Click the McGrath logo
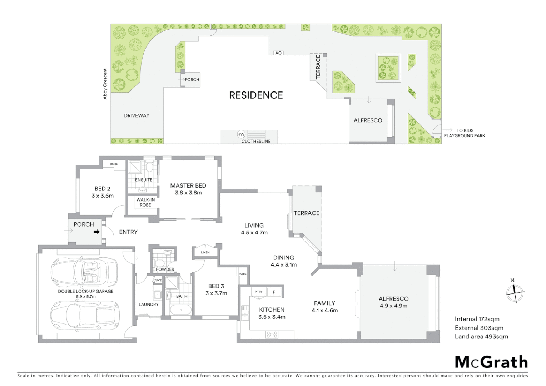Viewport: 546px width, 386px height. (491, 362)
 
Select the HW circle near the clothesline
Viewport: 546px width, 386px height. (241, 134)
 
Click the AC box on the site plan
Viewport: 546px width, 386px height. (278, 53)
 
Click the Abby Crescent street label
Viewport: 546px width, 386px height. (105, 84)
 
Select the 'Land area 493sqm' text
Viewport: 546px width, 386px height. (481, 336)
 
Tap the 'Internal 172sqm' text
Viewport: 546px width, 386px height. (477, 319)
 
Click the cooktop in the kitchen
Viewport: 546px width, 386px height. (272, 335)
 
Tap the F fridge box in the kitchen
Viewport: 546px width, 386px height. (274, 292)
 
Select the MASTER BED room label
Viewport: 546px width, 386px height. (188, 185)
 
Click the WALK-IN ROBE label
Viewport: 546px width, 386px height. (145, 202)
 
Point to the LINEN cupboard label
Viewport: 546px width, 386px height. (205, 252)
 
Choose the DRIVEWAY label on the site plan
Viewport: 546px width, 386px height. (136, 115)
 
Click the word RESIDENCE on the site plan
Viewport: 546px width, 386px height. (256, 95)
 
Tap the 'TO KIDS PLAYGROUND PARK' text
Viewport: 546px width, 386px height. (464, 133)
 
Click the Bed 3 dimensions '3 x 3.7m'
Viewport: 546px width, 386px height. (216, 293)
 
